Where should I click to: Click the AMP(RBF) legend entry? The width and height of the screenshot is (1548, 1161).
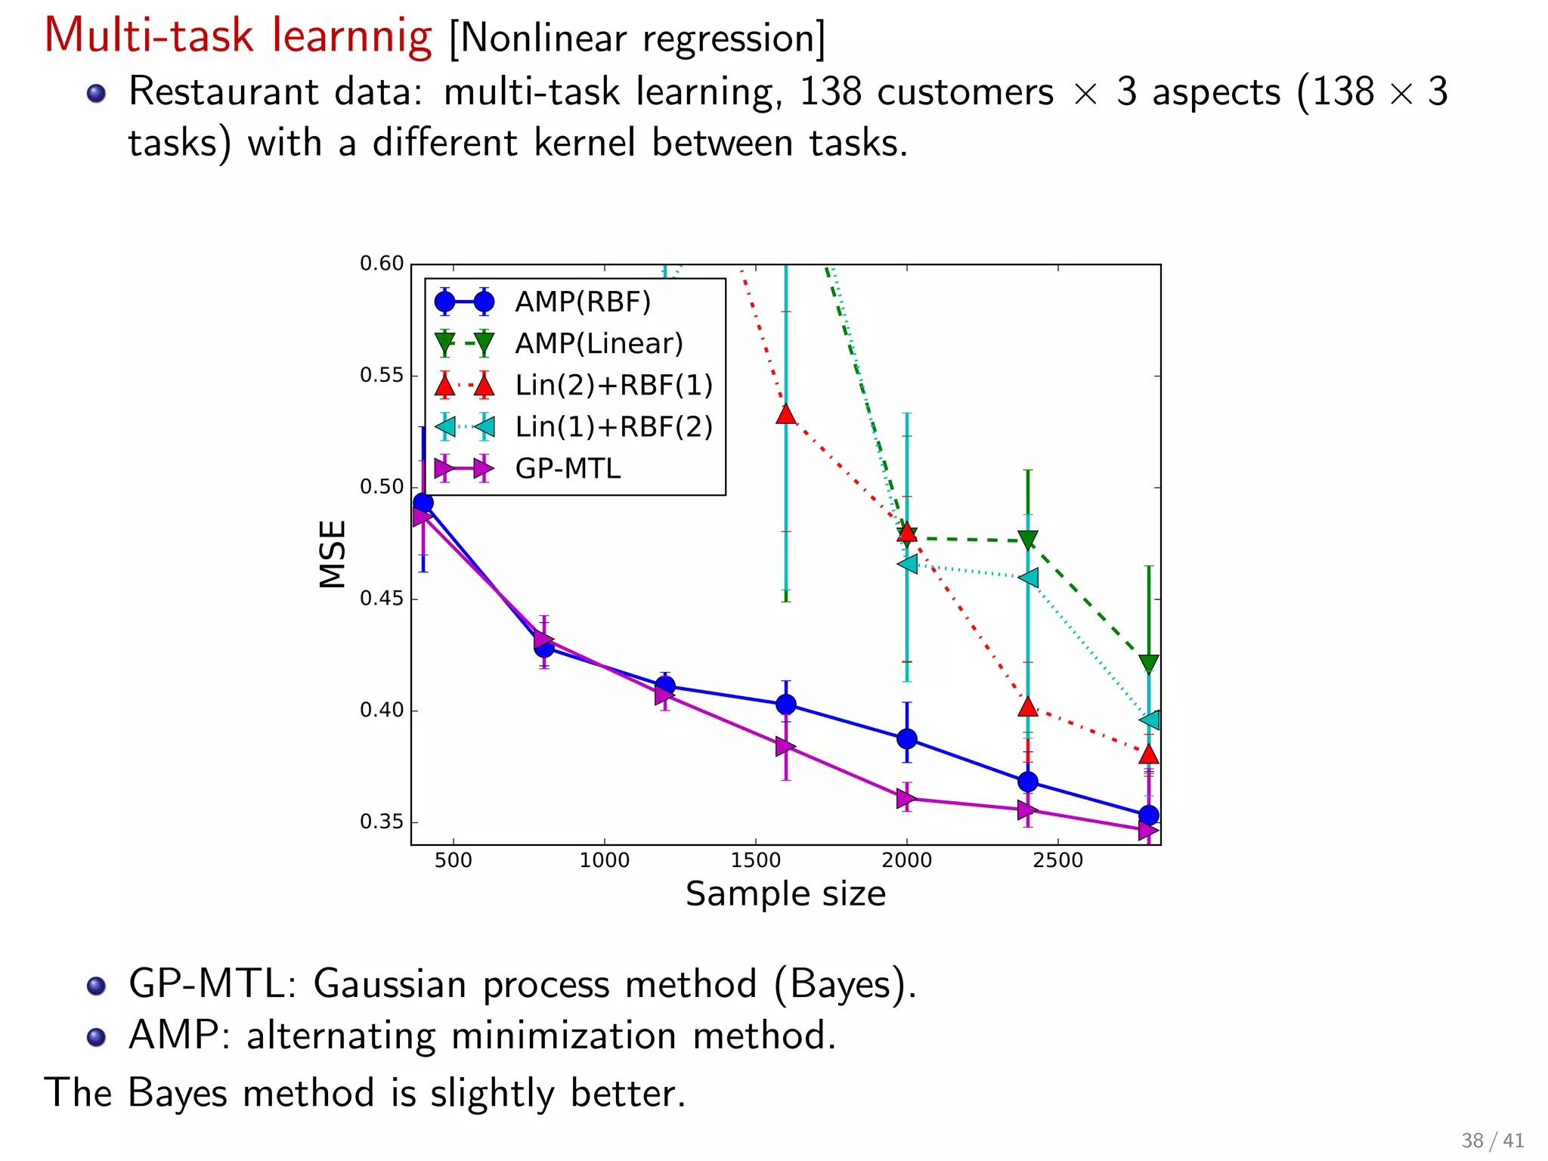click(582, 302)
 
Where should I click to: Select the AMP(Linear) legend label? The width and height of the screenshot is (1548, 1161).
click(599, 343)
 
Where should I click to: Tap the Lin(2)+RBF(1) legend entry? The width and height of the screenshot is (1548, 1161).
click(614, 385)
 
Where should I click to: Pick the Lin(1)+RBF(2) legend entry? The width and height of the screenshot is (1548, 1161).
click(614, 426)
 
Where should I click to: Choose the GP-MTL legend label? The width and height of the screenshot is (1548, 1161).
click(568, 469)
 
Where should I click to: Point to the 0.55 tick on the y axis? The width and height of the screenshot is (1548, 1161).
click(382, 375)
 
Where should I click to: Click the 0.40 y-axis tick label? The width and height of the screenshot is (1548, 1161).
click(382, 710)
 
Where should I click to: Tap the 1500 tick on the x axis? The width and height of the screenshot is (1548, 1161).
click(755, 860)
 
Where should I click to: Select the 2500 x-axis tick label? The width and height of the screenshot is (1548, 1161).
click(1057, 860)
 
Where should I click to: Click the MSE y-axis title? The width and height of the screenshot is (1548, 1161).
click(333, 553)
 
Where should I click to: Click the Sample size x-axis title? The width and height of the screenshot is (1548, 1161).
click(785, 894)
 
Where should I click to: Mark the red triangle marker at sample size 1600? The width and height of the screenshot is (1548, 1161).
click(786, 414)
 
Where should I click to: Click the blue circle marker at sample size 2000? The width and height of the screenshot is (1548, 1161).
click(907, 738)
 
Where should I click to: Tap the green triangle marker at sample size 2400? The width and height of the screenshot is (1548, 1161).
click(1028, 540)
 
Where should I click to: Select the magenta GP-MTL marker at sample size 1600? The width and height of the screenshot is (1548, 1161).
click(785, 747)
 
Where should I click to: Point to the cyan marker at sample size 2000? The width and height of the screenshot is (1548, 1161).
click(907, 564)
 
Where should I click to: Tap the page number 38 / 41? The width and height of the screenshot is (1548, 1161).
click(1492, 1140)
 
